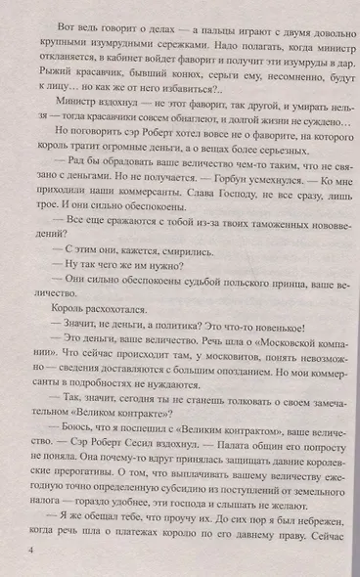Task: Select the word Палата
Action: coord(233,480)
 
